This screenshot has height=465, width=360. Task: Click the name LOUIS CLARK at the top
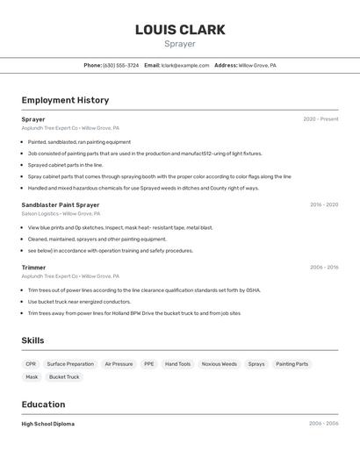tap(180, 30)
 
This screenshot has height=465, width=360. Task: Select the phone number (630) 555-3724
tap(120, 66)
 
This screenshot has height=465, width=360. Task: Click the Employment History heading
tap(65, 101)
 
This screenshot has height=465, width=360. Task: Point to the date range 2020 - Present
tap(320, 119)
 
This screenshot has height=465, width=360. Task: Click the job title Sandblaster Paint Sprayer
tap(61, 204)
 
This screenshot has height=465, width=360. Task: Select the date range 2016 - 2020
tap(324, 204)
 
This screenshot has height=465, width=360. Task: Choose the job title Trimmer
tap(33, 268)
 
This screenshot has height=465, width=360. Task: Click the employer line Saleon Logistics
tap(61, 214)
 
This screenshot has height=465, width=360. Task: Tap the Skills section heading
tap(32, 340)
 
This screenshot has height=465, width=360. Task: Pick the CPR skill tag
tap(31, 364)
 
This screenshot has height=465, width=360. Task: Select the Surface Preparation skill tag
tap(70, 364)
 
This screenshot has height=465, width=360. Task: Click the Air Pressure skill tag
tap(119, 364)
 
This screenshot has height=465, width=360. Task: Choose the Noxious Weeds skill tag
tap(219, 364)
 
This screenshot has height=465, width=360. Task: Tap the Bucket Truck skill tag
tap(64, 377)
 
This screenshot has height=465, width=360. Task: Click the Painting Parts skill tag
tap(292, 364)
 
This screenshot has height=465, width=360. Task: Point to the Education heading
tap(43, 404)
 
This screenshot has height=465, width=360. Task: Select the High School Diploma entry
tap(47, 424)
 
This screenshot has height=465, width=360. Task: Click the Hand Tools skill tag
tap(177, 364)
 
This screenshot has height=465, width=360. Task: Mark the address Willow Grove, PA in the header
tap(257, 66)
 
